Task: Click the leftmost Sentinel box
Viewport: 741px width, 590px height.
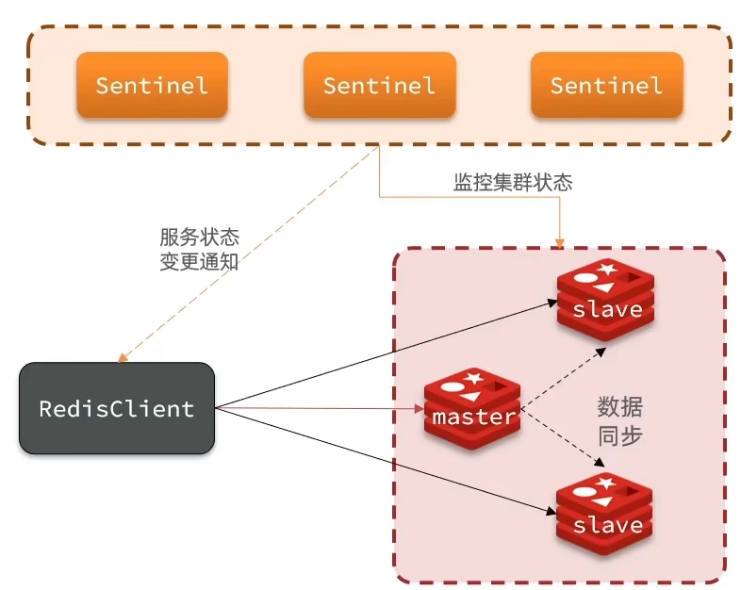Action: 152,85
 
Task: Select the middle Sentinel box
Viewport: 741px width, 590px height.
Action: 379,85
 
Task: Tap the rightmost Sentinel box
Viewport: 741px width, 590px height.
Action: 606,85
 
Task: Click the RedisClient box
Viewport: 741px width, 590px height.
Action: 116,409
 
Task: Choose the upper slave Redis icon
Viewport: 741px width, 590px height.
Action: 605,301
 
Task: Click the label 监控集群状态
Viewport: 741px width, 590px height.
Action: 512,183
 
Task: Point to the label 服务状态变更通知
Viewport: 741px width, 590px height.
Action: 199,250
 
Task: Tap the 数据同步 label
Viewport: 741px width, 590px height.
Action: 620,421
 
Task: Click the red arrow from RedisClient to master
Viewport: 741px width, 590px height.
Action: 321,409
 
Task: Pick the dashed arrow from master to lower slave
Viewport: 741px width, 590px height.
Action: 563,439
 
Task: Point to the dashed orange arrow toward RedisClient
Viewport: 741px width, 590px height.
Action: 245,254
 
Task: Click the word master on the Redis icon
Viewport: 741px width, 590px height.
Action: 473,416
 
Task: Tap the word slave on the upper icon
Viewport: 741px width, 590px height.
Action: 607,309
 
